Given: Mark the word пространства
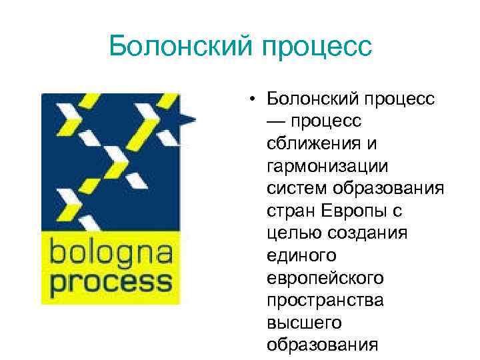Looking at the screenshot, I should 325,300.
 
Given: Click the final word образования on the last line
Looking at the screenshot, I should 321,345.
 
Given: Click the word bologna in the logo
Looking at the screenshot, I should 110,255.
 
